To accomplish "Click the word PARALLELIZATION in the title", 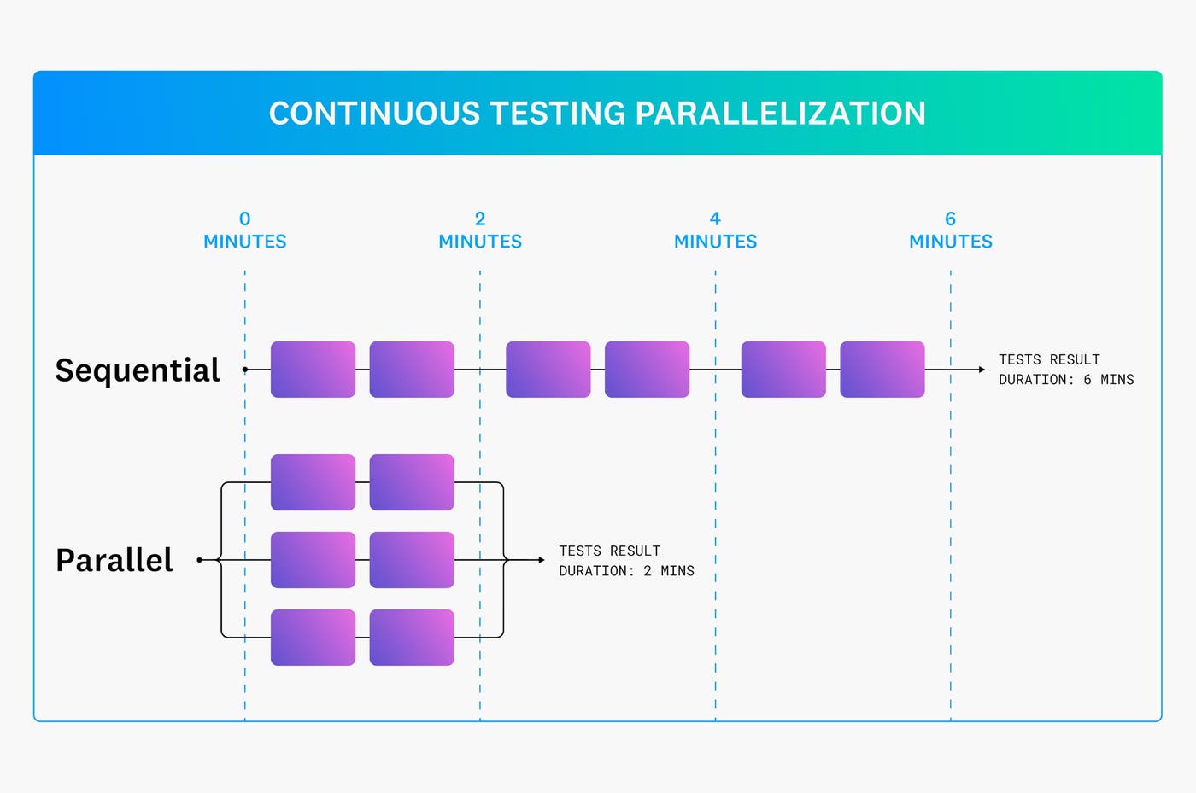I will click(x=780, y=114).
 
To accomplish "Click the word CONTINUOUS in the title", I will click(x=374, y=114).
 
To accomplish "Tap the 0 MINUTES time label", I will click(x=245, y=231).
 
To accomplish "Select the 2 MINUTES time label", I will click(x=480, y=231).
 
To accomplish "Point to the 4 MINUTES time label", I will click(x=715, y=231).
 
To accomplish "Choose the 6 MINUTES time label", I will click(x=950, y=231).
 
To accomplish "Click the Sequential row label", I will click(x=138, y=370).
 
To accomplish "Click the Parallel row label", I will click(x=114, y=560).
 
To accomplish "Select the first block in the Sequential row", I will click(x=313, y=370).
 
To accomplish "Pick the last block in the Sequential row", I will click(x=882, y=370).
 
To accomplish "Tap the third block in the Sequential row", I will click(x=548, y=370).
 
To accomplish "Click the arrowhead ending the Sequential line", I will click(x=982, y=370).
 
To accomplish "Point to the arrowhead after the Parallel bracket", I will click(x=541, y=560).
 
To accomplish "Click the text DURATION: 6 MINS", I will click(x=1065, y=380).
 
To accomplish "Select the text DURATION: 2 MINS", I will click(x=626, y=571).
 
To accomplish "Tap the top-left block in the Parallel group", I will click(x=313, y=482).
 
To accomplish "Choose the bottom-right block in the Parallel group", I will click(x=411, y=638).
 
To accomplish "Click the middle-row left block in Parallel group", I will click(x=313, y=560).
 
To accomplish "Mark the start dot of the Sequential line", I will click(x=245, y=370).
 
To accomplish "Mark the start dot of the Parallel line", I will click(x=199, y=560).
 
